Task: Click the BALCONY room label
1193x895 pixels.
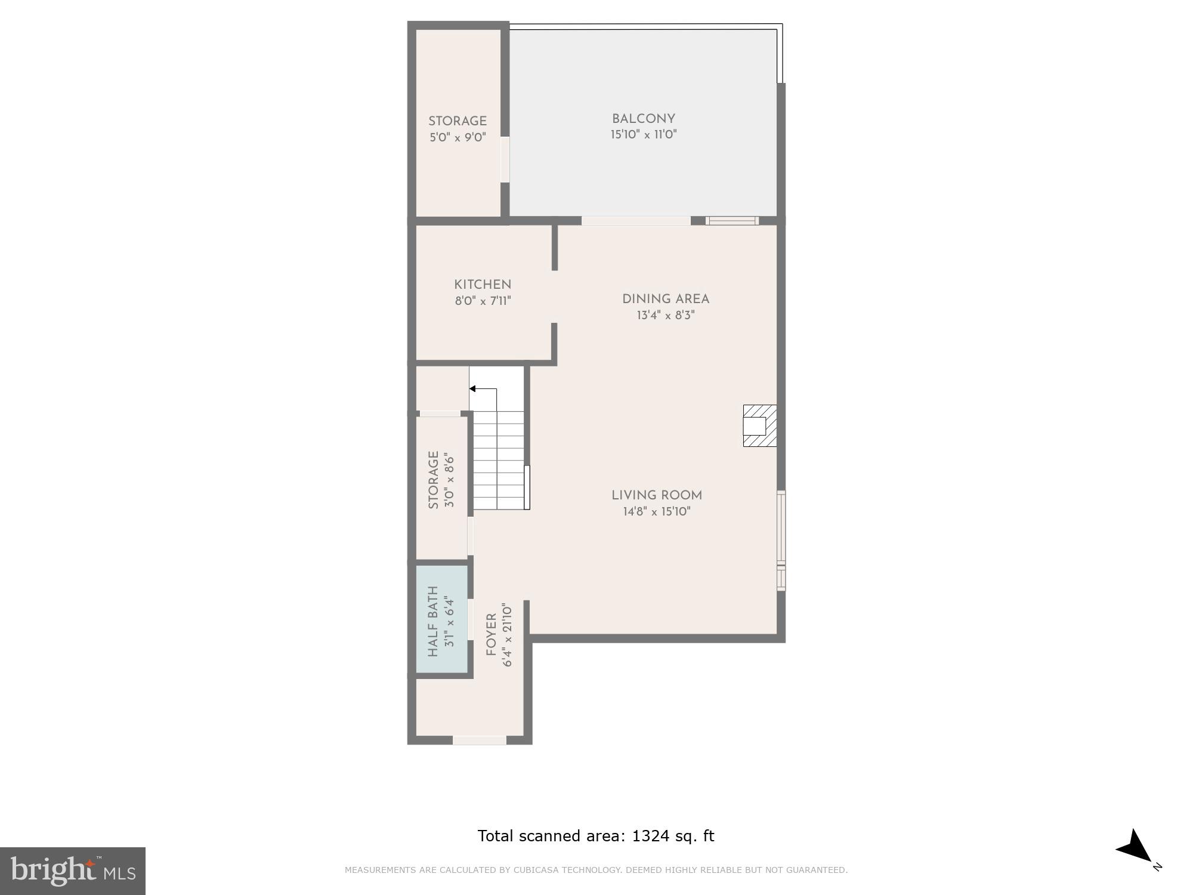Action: [643, 119]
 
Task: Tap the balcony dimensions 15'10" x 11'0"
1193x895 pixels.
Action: [643, 135]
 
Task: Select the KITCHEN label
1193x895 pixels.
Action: [483, 285]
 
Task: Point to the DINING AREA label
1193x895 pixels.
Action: [665, 299]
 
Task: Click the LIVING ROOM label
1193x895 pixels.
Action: [656, 495]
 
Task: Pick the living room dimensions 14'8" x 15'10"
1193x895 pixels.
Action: [656, 511]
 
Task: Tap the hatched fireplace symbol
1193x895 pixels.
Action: [759, 425]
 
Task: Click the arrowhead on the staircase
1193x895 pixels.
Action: [472, 389]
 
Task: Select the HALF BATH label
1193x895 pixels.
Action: [433, 621]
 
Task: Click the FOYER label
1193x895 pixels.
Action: [492, 635]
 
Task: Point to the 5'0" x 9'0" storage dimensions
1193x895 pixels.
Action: [458, 138]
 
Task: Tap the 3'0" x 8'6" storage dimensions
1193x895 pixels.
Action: [449, 481]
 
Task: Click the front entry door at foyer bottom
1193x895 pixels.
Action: [480, 740]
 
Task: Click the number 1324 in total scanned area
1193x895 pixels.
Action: [651, 836]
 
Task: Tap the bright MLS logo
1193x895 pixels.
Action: [72, 871]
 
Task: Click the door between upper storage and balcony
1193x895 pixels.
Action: [505, 159]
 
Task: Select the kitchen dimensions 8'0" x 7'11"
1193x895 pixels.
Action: [483, 301]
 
